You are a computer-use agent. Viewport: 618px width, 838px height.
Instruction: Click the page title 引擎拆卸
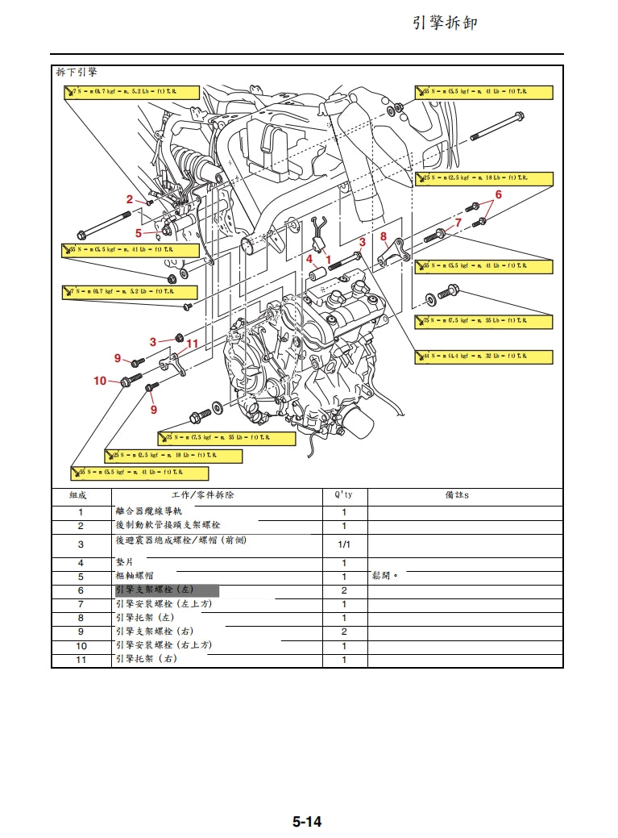[x=445, y=23]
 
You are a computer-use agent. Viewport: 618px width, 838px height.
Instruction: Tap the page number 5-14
[x=307, y=822]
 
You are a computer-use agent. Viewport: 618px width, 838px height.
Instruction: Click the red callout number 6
[x=498, y=194]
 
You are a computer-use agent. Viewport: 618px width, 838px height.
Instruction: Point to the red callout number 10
[x=100, y=381]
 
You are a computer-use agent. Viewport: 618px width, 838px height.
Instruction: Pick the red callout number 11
[x=192, y=344]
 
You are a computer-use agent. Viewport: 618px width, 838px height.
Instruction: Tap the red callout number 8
[x=384, y=237]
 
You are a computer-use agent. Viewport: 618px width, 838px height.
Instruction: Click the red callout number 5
[x=138, y=233]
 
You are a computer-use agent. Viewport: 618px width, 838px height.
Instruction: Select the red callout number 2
[x=130, y=198]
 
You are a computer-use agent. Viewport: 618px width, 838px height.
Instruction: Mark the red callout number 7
[x=458, y=222]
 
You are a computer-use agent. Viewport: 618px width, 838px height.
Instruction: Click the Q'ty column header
[x=344, y=495]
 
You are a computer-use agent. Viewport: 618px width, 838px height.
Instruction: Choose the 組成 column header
[x=81, y=495]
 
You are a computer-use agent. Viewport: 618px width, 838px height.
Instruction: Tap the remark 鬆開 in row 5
[x=384, y=577]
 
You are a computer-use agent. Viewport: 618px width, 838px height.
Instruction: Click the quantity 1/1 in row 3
[x=344, y=544]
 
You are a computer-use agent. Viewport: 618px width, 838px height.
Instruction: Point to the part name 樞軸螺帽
[x=135, y=577]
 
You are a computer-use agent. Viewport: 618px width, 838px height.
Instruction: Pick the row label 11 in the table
[x=81, y=660]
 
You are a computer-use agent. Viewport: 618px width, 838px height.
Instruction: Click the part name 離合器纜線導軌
[x=149, y=511]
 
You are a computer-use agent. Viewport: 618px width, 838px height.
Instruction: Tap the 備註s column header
[x=457, y=495]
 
